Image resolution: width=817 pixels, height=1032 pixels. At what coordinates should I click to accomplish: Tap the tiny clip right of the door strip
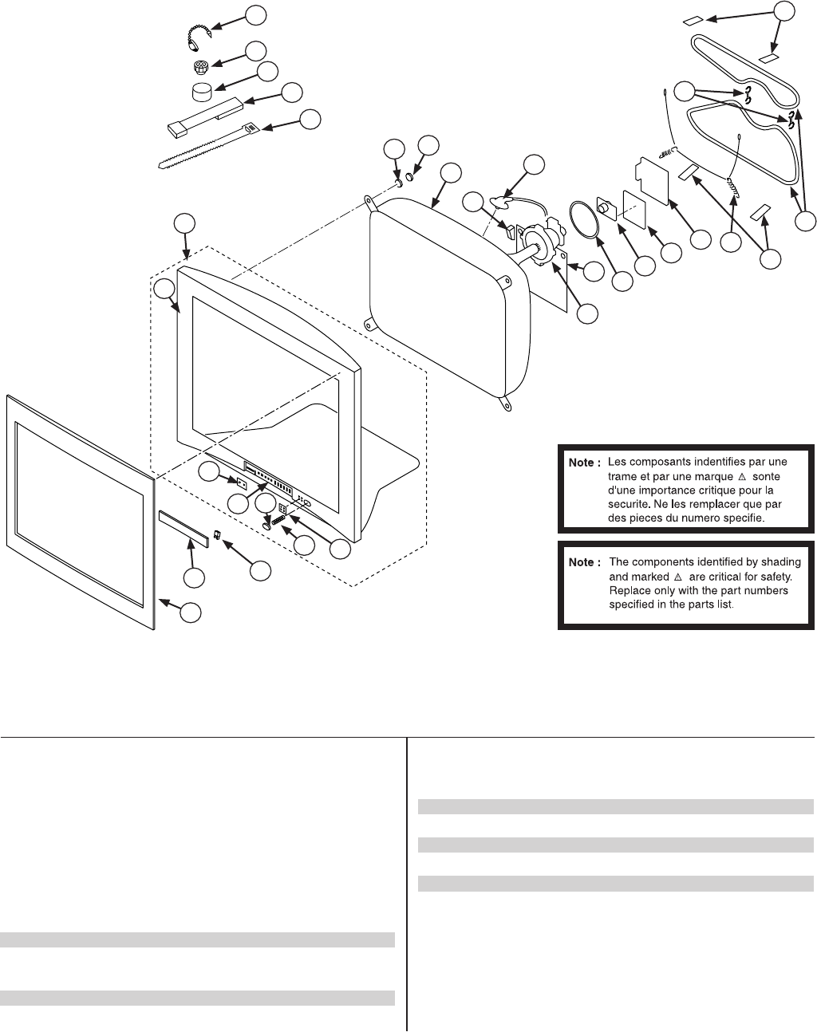[x=217, y=535]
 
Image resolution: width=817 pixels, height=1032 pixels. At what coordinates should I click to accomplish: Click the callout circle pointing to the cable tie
[x=310, y=119]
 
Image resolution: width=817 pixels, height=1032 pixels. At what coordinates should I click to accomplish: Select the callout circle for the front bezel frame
[x=189, y=613]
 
